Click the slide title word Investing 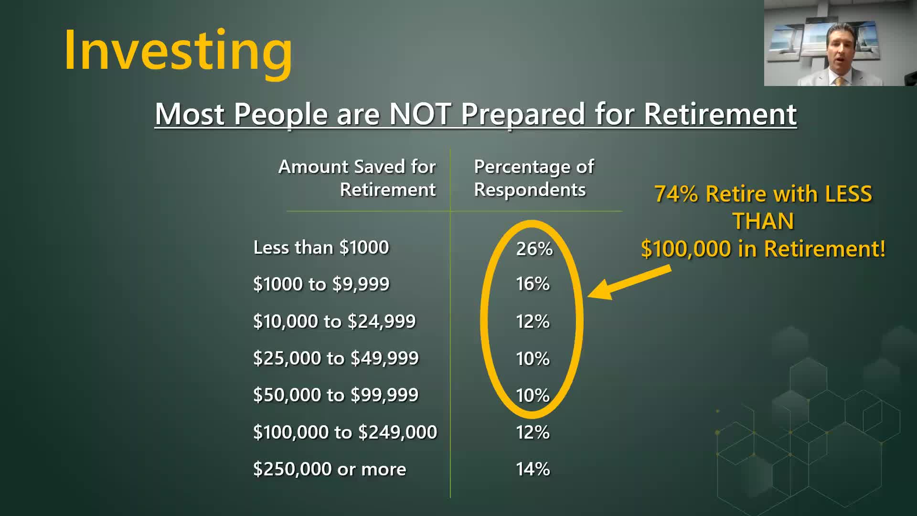click(178, 52)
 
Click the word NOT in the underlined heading click(420, 114)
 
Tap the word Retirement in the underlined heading click(720, 114)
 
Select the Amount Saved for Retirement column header click(357, 178)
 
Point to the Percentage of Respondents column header click(534, 178)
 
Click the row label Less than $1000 click(321, 247)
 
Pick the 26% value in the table click(534, 249)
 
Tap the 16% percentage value click(533, 284)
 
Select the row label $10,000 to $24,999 click(334, 321)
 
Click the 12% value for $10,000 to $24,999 click(533, 322)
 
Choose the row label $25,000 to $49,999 click(336, 358)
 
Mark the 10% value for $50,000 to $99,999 click(533, 396)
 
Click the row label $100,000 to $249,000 click(345, 432)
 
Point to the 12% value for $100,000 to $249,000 click(533, 432)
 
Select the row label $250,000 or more click(330, 469)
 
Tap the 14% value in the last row click(533, 469)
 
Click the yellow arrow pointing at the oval click(629, 283)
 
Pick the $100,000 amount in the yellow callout click(686, 249)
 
